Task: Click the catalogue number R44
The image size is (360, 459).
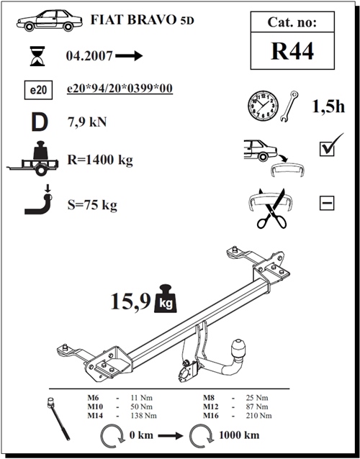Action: pos(292,51)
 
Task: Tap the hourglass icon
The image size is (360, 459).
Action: pos(37,56)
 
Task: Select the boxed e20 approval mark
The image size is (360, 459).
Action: pos(38,90)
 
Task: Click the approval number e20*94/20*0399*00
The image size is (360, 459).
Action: pos(120,88)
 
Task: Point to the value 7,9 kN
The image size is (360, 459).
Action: pos(87,122)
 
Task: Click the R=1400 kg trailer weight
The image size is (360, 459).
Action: pos(100,160)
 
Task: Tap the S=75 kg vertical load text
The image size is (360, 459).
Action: pos(92,205)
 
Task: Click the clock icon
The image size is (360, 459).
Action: pos(263,106)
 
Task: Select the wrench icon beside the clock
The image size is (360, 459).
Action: pos(289,106)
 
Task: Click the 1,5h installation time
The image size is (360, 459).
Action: pos(328,106)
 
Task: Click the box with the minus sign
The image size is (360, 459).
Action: pos(327,203)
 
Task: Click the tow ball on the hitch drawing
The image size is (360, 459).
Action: pos(238,347)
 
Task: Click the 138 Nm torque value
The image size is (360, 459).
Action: pos(143,416)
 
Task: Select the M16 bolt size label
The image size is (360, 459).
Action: pos(211,416)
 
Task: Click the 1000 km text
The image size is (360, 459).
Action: pos(239,435)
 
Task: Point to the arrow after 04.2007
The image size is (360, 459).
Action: pos(129,55)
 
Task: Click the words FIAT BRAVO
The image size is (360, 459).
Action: pos(132,19)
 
